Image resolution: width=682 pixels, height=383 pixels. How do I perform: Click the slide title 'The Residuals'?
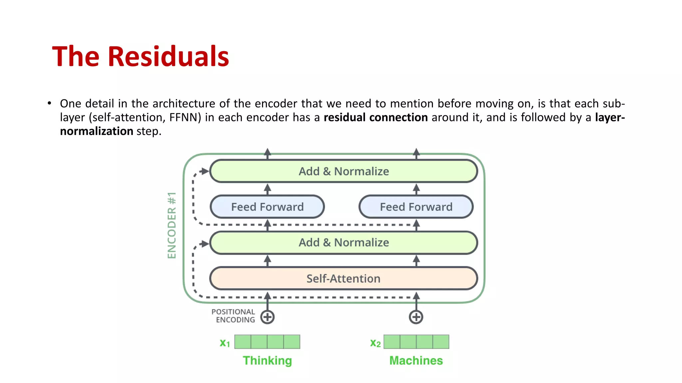[x=140, y=57]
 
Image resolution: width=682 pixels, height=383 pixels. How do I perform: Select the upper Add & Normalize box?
[x=343, y=171]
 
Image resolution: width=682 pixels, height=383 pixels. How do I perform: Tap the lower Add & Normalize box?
[x=343, y=243]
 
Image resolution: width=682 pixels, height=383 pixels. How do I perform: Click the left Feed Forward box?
[x=267, y=207]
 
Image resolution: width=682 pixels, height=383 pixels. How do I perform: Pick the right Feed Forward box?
[x=416, y=207]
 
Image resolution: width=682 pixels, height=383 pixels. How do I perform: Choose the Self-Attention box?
[x=343, y=279]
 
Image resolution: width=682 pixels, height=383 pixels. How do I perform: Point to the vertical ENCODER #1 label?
[x=171, y=225]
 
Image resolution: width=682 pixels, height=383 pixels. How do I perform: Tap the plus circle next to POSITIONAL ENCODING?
[x=267, y=317]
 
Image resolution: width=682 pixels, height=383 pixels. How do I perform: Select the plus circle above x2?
[x=416, y=317]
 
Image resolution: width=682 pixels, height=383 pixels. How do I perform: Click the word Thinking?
[x=267, y=361]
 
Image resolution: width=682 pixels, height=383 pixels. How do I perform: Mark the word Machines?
[x=416, y=361]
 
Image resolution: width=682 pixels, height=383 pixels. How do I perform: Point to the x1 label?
[x=225, y=343]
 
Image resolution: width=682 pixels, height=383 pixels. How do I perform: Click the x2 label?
[x=375, y=343]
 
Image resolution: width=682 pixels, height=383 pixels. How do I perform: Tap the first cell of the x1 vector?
[x=243, y=342]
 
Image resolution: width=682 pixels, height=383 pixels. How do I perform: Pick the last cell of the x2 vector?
[x=441, y=342]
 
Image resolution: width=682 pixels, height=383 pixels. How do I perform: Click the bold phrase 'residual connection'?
[x=376, y=117]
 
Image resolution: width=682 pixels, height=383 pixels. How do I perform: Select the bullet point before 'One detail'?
[x=49, y=103]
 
